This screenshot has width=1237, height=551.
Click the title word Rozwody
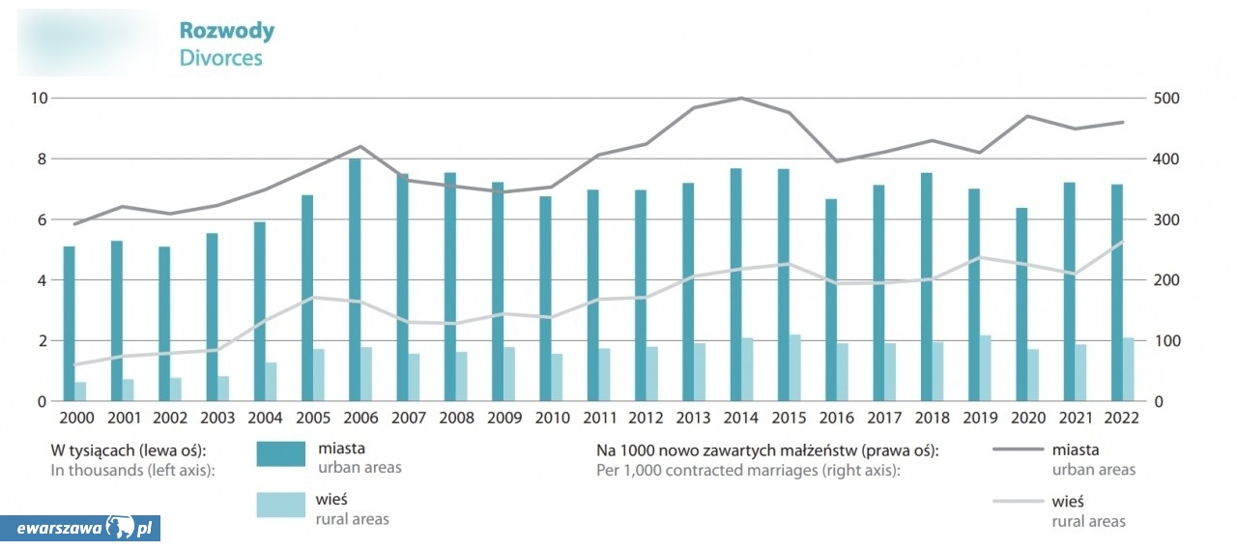[x=226, y=31]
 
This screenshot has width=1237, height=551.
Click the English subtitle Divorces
[x=220, y=58]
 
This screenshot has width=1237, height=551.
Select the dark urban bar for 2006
[x=355, y=279]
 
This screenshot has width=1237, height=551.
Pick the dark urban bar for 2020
[x=1021, y=304]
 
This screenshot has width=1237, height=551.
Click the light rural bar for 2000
[x=81, y=391]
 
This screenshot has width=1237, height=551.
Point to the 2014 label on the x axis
[x=741, y=419]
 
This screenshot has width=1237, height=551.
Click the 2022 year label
[x=1122, y=419]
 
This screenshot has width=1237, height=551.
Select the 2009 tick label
[x=503, y=419]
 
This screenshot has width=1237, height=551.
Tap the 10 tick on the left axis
[x=39, y=98]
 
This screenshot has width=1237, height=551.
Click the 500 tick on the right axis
[x=1165, y=98]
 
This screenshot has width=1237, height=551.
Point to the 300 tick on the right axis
[x=1165, y=219]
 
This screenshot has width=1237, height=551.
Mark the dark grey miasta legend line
[x=1018, y=450]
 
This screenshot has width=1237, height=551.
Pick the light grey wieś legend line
[x=1018, y=501]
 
